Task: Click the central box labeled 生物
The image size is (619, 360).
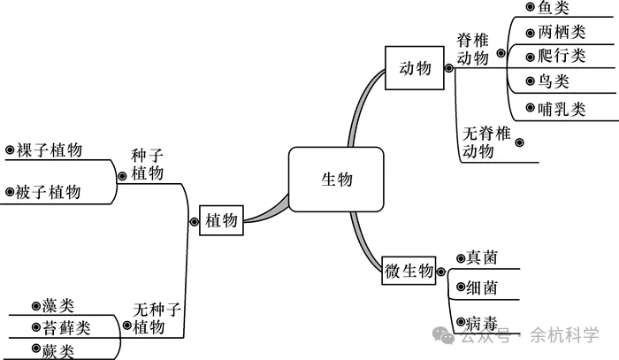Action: (x=336, y=180)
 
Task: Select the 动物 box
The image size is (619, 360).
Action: (x=416, y=68)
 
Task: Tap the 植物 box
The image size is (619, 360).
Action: (x=221, y=220)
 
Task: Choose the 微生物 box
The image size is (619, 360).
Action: (x=409, y=271)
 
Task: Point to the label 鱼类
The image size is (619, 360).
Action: (x=554, y=8)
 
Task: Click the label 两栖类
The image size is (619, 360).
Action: (x=562, y=33)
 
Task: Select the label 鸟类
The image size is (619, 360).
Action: (x=554, y=82)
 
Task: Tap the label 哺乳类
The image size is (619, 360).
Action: (x=562, y=110)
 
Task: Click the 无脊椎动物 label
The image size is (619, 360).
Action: (x=487, y=142)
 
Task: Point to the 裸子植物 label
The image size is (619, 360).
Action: (x=50, y=150)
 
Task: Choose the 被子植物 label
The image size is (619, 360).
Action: (x=49, y=192)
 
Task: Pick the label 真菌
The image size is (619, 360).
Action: (x=482, y=257)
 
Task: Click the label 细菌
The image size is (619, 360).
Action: (x=482, y=287)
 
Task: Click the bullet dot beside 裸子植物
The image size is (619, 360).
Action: (x=10, y=150)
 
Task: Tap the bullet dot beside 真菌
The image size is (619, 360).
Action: (x=460, y=258)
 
